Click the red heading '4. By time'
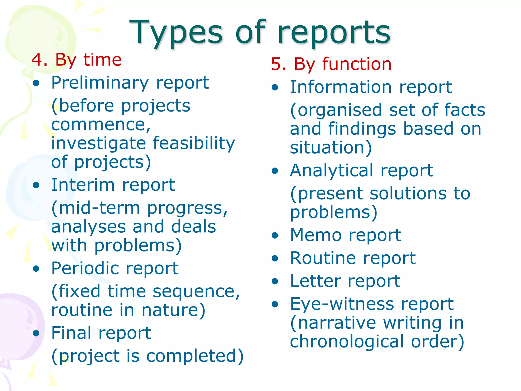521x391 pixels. (76, 60)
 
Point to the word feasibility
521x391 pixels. (194, 143)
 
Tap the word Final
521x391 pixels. (71, 333)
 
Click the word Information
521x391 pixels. (341, 87)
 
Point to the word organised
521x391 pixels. (340, 110)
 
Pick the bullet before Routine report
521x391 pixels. (275, 259)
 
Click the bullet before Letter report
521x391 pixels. (275, 282)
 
